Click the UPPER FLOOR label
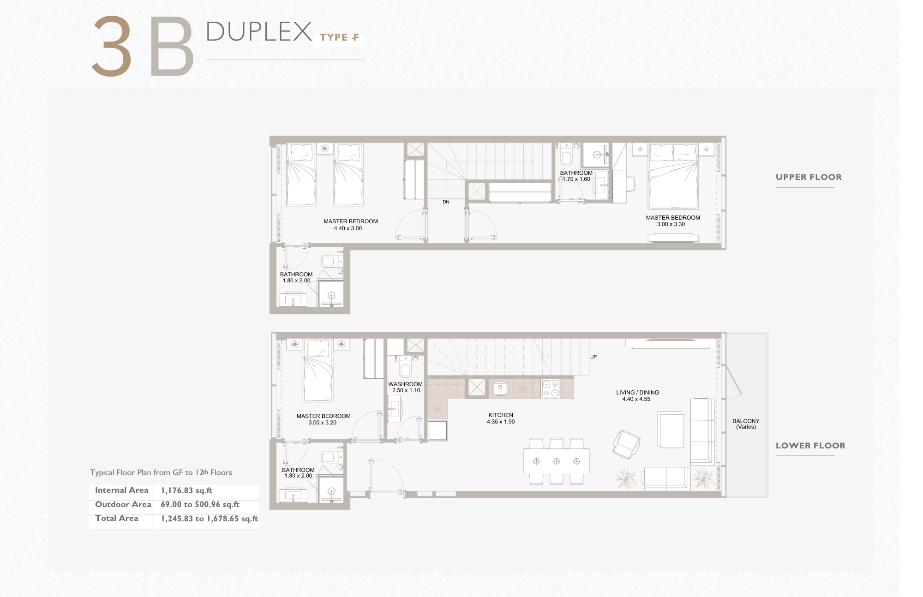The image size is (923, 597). [x=809, y=177]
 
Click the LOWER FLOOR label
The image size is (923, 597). [x=810, y=446]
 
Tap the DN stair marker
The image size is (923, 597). [x=446, y=202]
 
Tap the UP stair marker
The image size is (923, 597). [x=593, y=357]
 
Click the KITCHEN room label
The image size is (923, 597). [x=501, y=415]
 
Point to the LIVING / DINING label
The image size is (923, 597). [x=637, y=393]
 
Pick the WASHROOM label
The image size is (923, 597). [x=405, y=384]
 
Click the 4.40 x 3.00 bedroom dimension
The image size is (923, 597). [x=348, y=228]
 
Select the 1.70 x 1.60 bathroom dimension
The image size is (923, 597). [x=576, y=179]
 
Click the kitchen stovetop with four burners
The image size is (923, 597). [x=551, y=389]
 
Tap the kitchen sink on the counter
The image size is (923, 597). [x=500, y=389]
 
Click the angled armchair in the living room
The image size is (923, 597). [x=626, y=444]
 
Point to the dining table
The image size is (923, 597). [x=556, y=461]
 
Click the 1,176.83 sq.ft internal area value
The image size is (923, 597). [x=186, y=490]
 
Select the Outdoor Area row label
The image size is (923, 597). [x=123, y=505]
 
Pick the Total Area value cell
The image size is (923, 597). [x=209, y=519]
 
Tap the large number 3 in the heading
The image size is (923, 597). [x=112, y=46]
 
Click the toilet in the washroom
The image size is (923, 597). [x=405, y=368]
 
